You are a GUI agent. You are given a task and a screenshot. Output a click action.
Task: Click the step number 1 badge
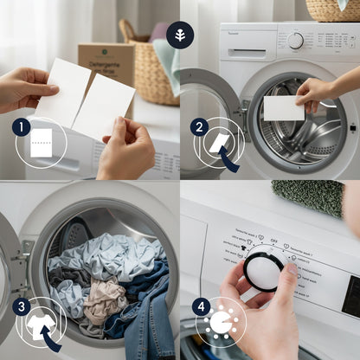(x=22, y=126)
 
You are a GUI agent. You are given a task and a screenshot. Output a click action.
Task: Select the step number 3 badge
(x=22, y=305)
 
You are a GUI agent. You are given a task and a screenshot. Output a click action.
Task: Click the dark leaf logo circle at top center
(x=180, y=35)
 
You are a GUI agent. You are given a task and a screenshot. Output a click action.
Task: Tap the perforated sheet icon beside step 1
(x=42, y=142)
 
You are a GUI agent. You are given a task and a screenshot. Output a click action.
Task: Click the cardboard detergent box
(x=106, y=62)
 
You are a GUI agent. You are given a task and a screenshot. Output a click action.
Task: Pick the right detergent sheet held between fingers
(x=103, y=106)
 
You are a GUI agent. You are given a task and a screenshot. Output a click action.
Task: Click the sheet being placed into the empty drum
(x=283, y=107)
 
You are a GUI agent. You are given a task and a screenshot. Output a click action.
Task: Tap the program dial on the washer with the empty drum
(x=296, y=41)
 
